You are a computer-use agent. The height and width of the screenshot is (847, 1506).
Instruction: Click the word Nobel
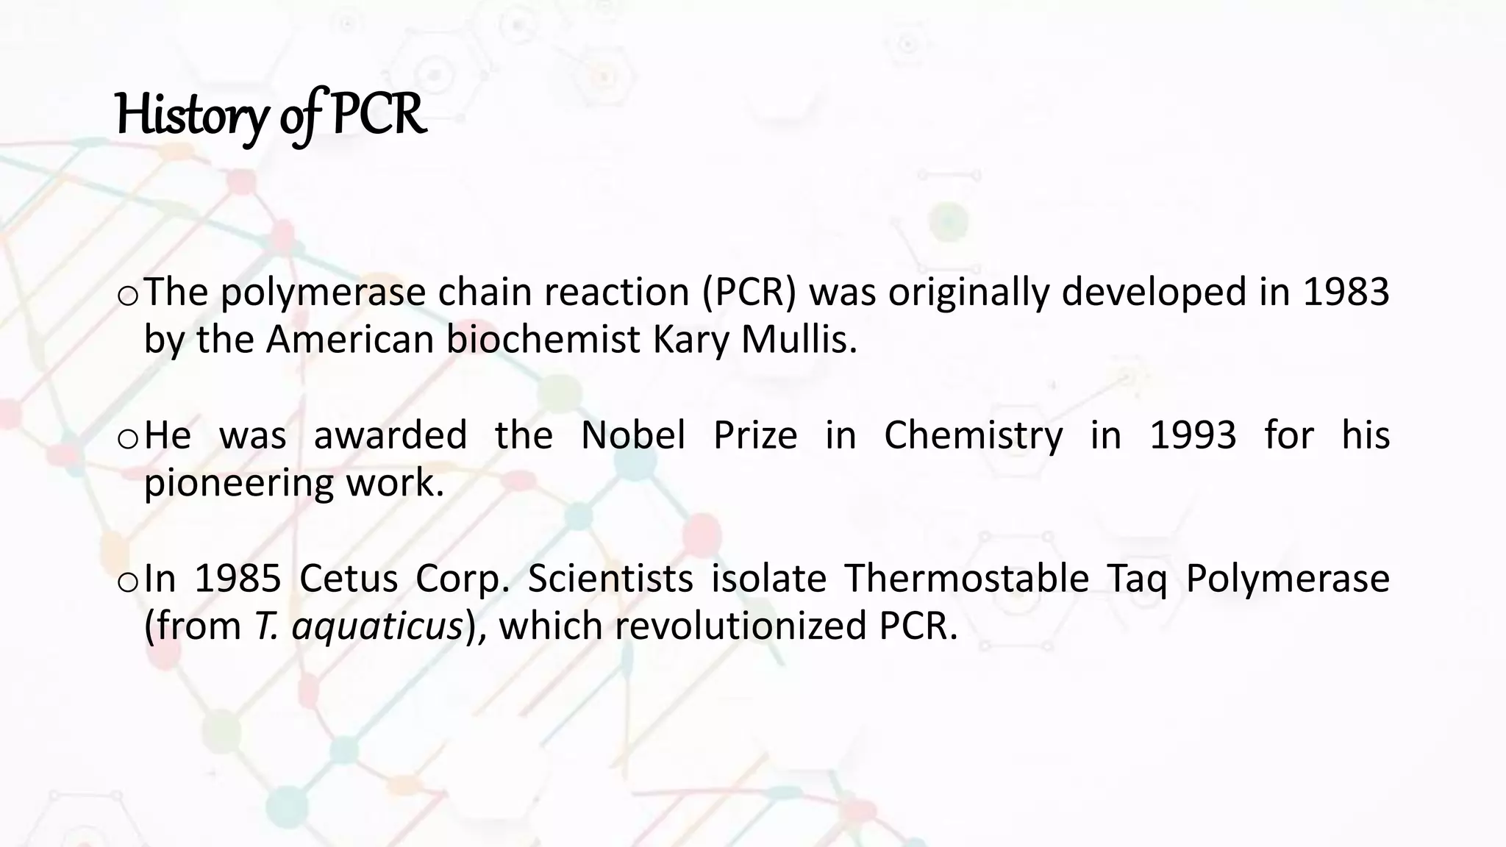pos(632,435)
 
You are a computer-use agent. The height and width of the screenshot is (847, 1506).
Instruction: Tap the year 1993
pos(1193,435)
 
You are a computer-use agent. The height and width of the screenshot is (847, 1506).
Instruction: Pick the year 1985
pos(238,579)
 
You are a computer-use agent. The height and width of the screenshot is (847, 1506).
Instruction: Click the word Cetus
pos(349,579)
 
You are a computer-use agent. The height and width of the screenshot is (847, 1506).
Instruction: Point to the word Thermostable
pos(966,579)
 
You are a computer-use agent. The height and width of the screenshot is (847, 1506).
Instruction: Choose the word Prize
pos(755,435)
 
